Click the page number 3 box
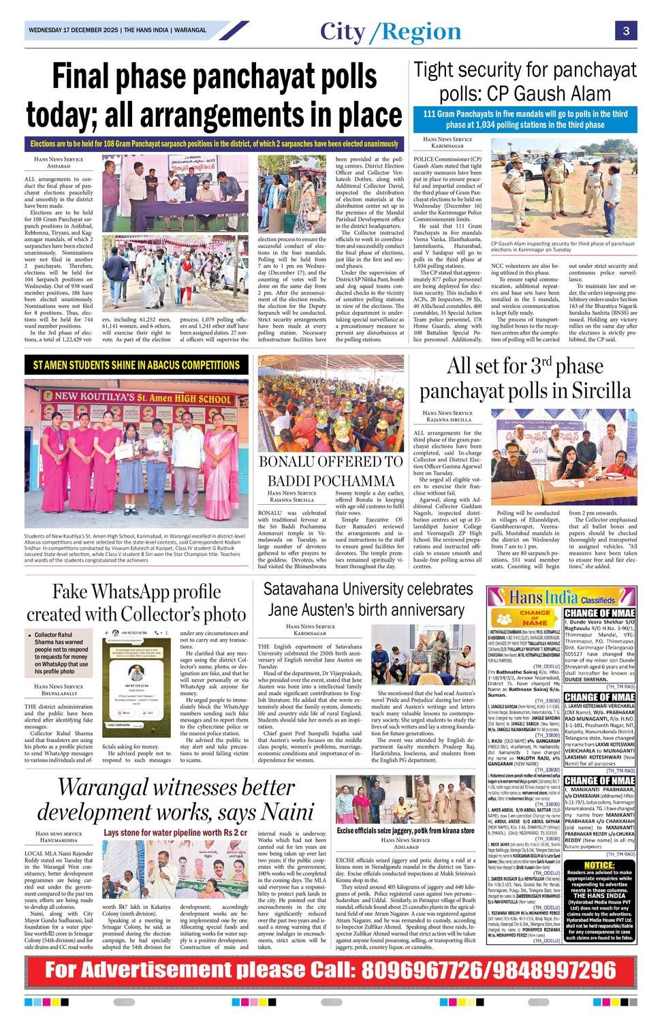(625, 31)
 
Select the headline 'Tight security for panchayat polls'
(524, 81)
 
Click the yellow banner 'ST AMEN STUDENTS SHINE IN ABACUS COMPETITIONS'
(136, 365)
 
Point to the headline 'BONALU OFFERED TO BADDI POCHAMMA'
(330, 471)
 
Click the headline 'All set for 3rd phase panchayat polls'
(525, 378)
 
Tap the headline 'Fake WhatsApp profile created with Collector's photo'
(136, 602)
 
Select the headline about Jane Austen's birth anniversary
(368, 599)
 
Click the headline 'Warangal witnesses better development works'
(175, 799)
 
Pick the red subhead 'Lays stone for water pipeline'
(175, 833)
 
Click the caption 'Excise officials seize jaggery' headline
(405, 831)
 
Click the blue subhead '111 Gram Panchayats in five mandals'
(524, 119)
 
